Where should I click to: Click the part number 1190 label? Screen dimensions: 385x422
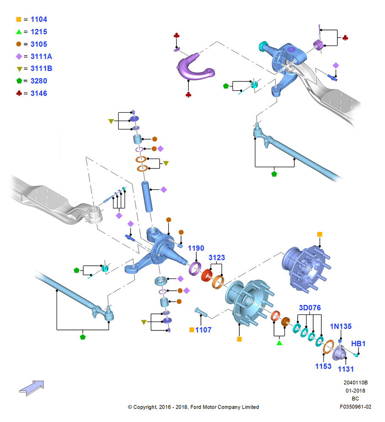196,248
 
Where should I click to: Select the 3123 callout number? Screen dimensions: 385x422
217,257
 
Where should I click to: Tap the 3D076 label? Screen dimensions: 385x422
310,308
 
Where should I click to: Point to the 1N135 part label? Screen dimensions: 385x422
341,326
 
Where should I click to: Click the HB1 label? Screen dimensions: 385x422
358,344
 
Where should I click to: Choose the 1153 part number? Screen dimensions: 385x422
323,366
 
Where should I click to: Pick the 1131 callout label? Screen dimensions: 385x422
346,369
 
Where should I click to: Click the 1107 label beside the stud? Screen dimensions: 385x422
203,330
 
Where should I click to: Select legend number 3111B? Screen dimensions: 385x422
41,69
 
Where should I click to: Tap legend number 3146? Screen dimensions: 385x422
39,93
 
